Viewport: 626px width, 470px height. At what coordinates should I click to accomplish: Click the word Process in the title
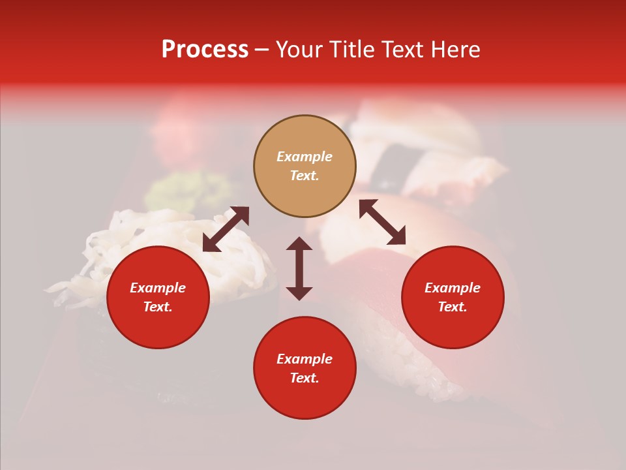click(205, 50)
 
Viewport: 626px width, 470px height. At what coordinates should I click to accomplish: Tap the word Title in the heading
click(351, 50)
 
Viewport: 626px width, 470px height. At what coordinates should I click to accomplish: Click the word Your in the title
click(301, 50)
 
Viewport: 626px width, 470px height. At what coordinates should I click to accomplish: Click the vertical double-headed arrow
click(299, 268)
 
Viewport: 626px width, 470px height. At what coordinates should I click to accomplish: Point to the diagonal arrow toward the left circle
click(226, 229)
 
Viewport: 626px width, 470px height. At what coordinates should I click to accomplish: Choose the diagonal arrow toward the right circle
click(382, 222)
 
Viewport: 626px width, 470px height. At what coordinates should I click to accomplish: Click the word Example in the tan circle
click(305, 157)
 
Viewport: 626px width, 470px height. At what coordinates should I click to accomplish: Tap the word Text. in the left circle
click(158, 307)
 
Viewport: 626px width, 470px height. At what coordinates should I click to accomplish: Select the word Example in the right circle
click(453, 288)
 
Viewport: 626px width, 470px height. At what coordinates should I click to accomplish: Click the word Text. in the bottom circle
click(305, 378)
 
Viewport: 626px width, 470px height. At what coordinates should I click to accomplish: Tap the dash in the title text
click(261, 50)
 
